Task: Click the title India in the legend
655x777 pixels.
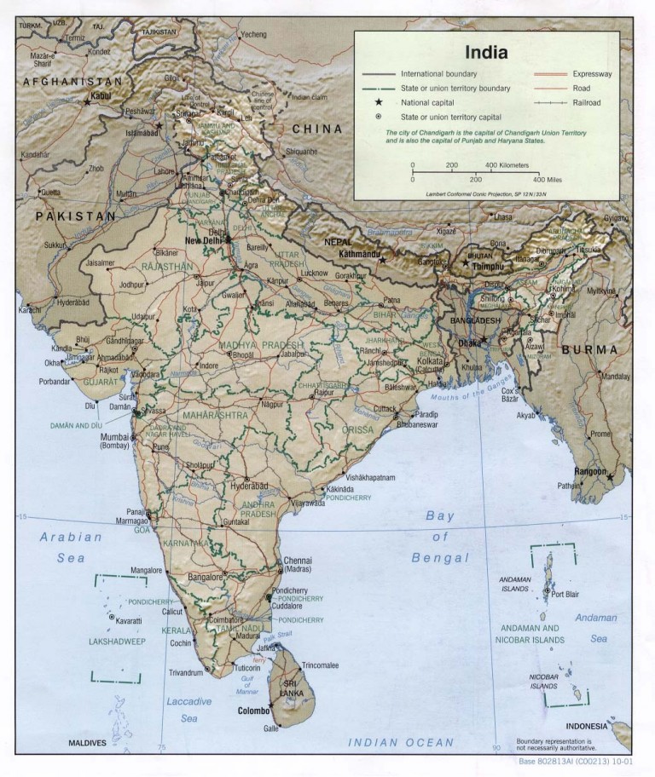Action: pos(486,52)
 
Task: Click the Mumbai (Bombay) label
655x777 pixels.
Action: pos(113,440)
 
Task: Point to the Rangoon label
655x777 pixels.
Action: pos(590,472)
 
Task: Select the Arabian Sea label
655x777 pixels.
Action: pos(71,547)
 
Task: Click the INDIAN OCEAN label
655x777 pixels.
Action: pos(401,743)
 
